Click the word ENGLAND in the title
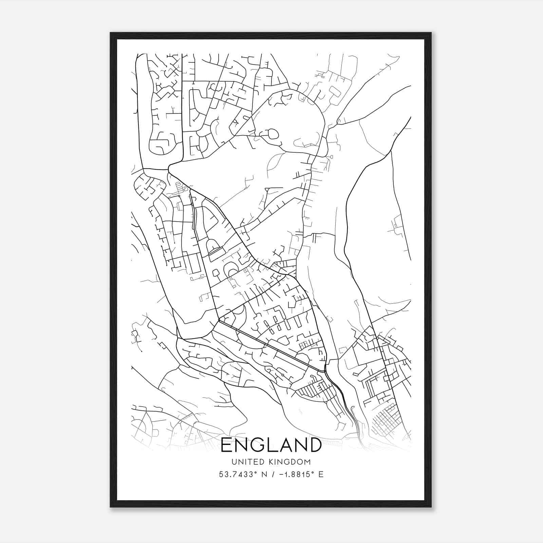pos(271,445)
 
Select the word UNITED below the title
pos(243,462)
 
